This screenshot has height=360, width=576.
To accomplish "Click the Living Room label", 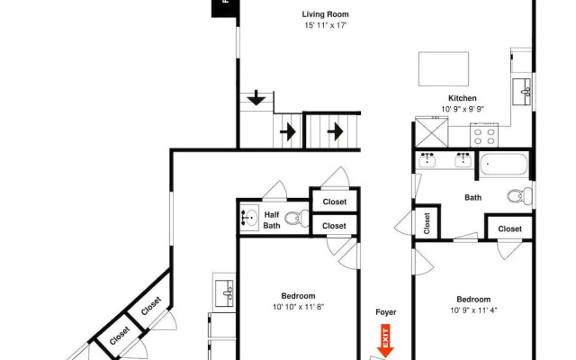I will (324, 14).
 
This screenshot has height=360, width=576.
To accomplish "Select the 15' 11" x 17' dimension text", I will (324, 26).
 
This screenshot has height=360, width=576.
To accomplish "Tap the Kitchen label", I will (463, 98).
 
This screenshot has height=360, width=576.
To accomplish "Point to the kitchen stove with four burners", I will (484, 135).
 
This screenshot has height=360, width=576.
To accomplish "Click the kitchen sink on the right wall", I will (522, 91).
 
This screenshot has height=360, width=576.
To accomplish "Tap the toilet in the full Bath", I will (517, 196).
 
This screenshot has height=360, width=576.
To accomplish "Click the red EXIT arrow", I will (385, 343).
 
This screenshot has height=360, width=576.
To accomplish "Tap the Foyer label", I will (385, 312).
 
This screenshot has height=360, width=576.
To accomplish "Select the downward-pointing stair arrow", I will (257, 98).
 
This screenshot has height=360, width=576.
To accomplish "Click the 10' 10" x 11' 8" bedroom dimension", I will (298, 307).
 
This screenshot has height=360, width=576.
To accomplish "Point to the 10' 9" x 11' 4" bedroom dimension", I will (472, 310).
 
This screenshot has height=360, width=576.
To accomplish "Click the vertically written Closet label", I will (427, 221).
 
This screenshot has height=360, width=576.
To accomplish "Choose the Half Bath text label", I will (271, 220).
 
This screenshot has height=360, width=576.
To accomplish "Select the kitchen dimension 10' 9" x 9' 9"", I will (463, 110).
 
